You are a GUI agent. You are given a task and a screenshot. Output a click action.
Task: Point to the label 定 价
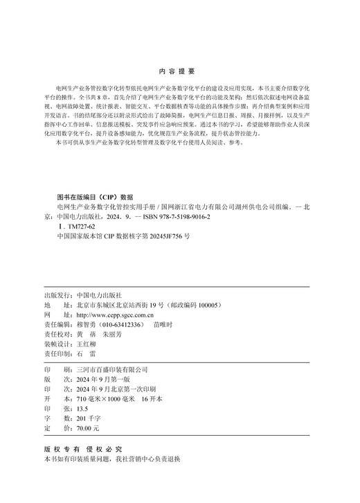[57, 429]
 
